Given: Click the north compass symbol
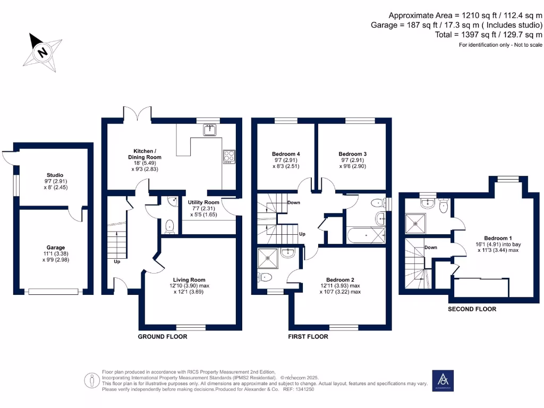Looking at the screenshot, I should coord(41,52).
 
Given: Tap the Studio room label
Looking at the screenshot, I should coord(55,175).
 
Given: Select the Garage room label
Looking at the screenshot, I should coord(55,248).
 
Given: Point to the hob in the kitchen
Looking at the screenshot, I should coord(229,157).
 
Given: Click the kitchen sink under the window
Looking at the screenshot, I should coord(211,129).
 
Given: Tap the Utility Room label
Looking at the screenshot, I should coord(203,202).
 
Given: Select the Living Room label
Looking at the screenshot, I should coord(189,279).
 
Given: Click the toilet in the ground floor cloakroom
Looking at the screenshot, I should coord(169,227).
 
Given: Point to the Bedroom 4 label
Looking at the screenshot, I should coord(282,154).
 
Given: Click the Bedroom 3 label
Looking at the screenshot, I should coord(353,154).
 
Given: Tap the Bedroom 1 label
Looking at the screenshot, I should coord(498,238).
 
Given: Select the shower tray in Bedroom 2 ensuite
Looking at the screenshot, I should coord(268,259).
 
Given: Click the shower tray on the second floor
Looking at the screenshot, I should coord(417,224).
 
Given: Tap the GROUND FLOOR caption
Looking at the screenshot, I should coord(162,337).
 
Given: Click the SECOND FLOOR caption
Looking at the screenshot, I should coord(472,309).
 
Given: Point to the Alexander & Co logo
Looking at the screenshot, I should coord(443,380).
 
